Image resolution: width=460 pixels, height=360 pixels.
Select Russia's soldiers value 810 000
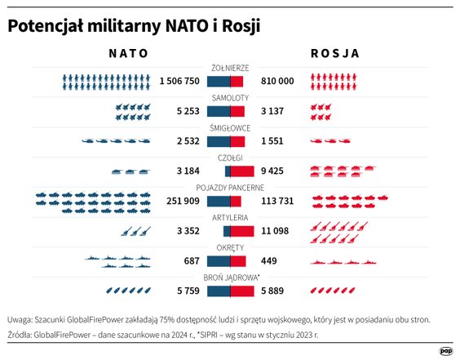[277, 82]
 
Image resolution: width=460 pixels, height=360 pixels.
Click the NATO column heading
[128, 52]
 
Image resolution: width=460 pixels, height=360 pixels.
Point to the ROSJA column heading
[334, 52]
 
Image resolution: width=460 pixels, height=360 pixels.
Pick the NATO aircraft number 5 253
[187, 112]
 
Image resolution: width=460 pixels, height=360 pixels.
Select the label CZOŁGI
[230, 158]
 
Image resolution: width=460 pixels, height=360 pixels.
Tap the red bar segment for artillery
[242, 231]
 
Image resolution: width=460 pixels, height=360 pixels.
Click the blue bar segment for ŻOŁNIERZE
[219, 82]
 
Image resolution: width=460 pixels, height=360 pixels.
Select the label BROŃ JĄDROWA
[230, 277]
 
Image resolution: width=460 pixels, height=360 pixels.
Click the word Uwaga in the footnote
[22, 319]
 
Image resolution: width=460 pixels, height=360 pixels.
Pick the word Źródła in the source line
[23, 335]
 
